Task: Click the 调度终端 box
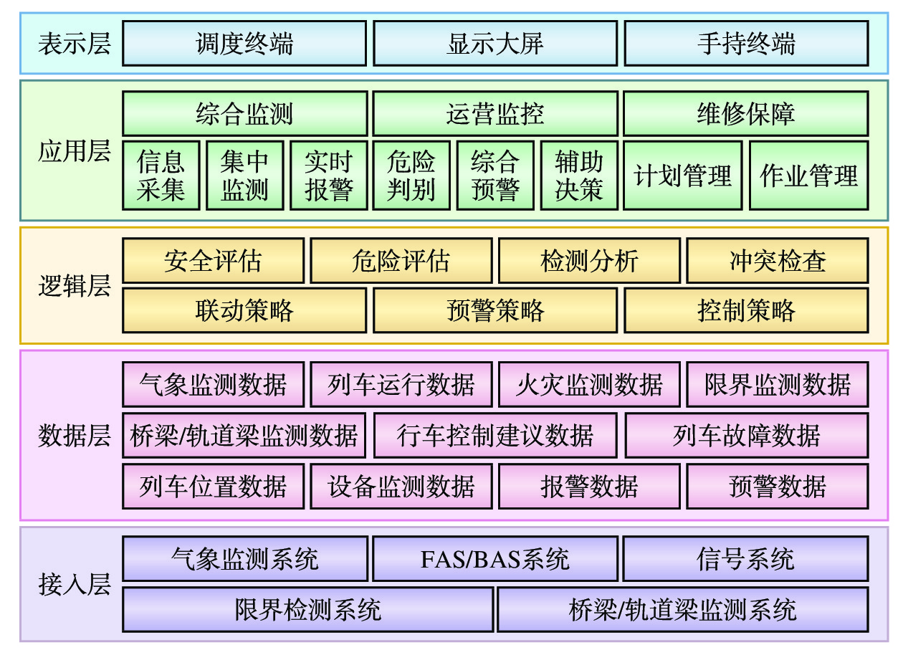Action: tap(244, 44)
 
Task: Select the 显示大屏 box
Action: tap(495, 44)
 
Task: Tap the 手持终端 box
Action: tap(746, 44)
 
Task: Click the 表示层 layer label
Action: tap(75, 44)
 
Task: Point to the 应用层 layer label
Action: tap(75, 151)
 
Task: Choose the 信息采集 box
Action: tap(161, 176)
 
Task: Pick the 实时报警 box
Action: tap(328, 176)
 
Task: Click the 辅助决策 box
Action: tap(579, 176)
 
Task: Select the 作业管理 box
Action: tap(808, 176)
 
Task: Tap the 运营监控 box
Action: tap(495, 114)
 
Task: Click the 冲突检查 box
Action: tap(778, 261)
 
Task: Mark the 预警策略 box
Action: tap(495, 310)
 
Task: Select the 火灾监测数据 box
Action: tap(589, 385)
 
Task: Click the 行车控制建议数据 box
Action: tap(495, 435)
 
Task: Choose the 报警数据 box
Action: tap(589, 487)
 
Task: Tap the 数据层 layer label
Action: tap(75, 436)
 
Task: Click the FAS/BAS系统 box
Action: tap(495, 559)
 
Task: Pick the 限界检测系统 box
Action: tap(308, 610)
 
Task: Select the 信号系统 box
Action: tap(746, 559)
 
